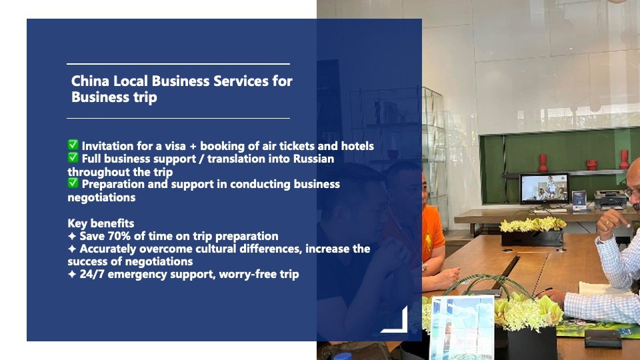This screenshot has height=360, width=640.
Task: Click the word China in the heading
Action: tap(90, 81)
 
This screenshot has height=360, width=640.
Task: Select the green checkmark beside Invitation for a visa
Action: tap(73, 145)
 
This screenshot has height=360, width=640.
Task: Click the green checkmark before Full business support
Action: tap(73, 157)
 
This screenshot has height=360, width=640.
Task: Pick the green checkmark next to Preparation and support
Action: tap(73, 183)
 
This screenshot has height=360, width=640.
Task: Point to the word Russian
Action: tap(313, 159)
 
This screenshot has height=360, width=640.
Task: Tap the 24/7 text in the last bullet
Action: tap(92, 274)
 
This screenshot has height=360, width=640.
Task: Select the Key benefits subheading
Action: tap(101, 223)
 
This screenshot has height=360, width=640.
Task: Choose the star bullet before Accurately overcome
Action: tap(72, 249)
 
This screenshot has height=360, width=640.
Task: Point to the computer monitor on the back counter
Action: tap(544, 189)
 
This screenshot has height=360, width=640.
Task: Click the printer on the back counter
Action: tap(610, 200)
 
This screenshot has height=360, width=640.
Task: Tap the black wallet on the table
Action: tap(603, 339)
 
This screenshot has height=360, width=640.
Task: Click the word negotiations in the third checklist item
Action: tap(101, 197)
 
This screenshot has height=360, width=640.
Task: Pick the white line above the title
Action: tap(179, 64)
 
